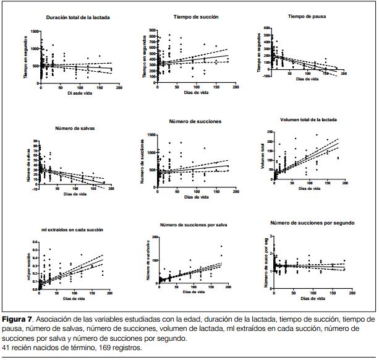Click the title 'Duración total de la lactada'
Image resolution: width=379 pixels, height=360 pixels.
(x=78, y=17)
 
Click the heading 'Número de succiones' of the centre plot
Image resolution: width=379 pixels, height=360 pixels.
(x=195, y=121)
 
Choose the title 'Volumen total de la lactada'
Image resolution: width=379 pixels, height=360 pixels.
(x=307, y=120)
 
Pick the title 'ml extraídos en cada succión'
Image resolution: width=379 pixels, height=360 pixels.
(x=72, y=229)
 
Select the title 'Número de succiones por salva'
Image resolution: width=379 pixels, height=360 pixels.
(x=194, y=224)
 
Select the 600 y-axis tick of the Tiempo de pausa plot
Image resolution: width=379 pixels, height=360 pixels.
(x=267, y=28)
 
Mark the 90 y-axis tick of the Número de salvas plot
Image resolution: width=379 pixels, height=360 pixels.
(x=36, y=142)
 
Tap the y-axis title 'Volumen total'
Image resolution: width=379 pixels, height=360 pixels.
(x=263, y=157)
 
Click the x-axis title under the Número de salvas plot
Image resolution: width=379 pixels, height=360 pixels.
(x=74, y=194)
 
